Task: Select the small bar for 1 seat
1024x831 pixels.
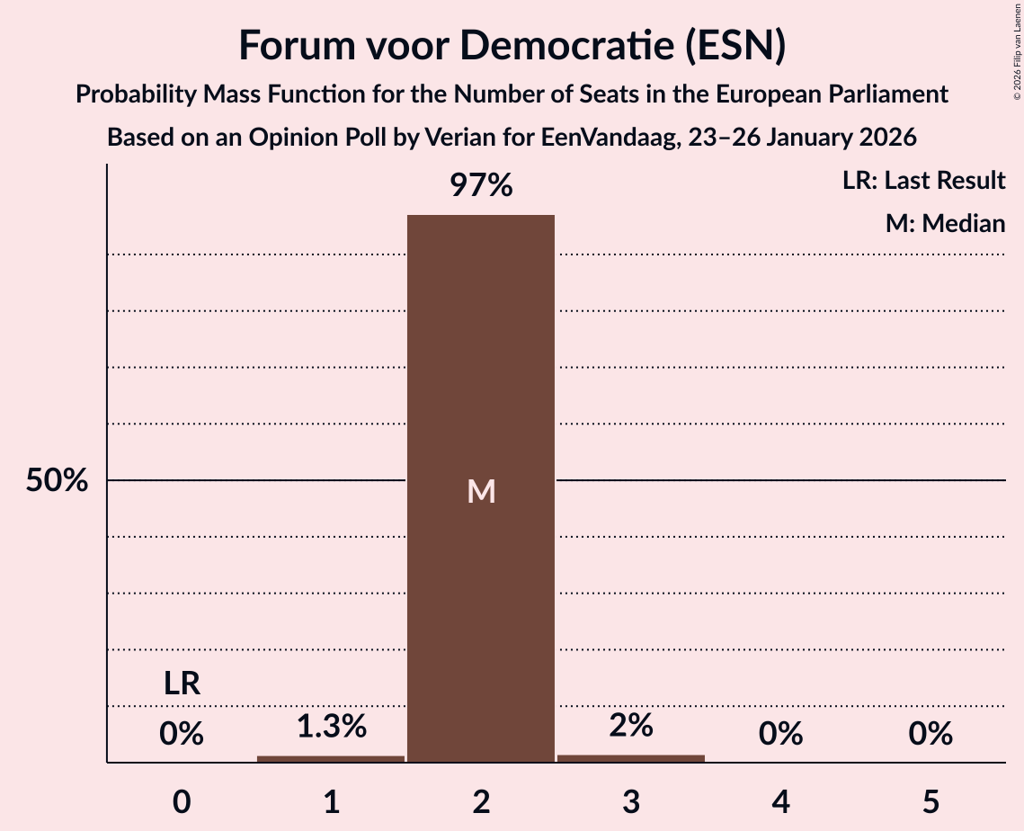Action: coord(331,758)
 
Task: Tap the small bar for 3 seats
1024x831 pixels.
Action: coord(630,758)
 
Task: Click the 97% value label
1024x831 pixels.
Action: coord(481,186)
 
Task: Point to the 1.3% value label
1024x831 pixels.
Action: coord(331,726)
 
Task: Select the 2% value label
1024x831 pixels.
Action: coord(630,726)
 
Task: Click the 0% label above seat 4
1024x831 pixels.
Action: coord(780,734)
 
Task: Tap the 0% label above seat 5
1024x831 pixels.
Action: coord(930,734)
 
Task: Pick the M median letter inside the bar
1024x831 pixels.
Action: coord(481,491)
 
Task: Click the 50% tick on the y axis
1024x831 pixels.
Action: coord(57,480)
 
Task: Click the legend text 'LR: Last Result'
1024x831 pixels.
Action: coord(923,181)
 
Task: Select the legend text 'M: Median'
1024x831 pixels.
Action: coord(945,223)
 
